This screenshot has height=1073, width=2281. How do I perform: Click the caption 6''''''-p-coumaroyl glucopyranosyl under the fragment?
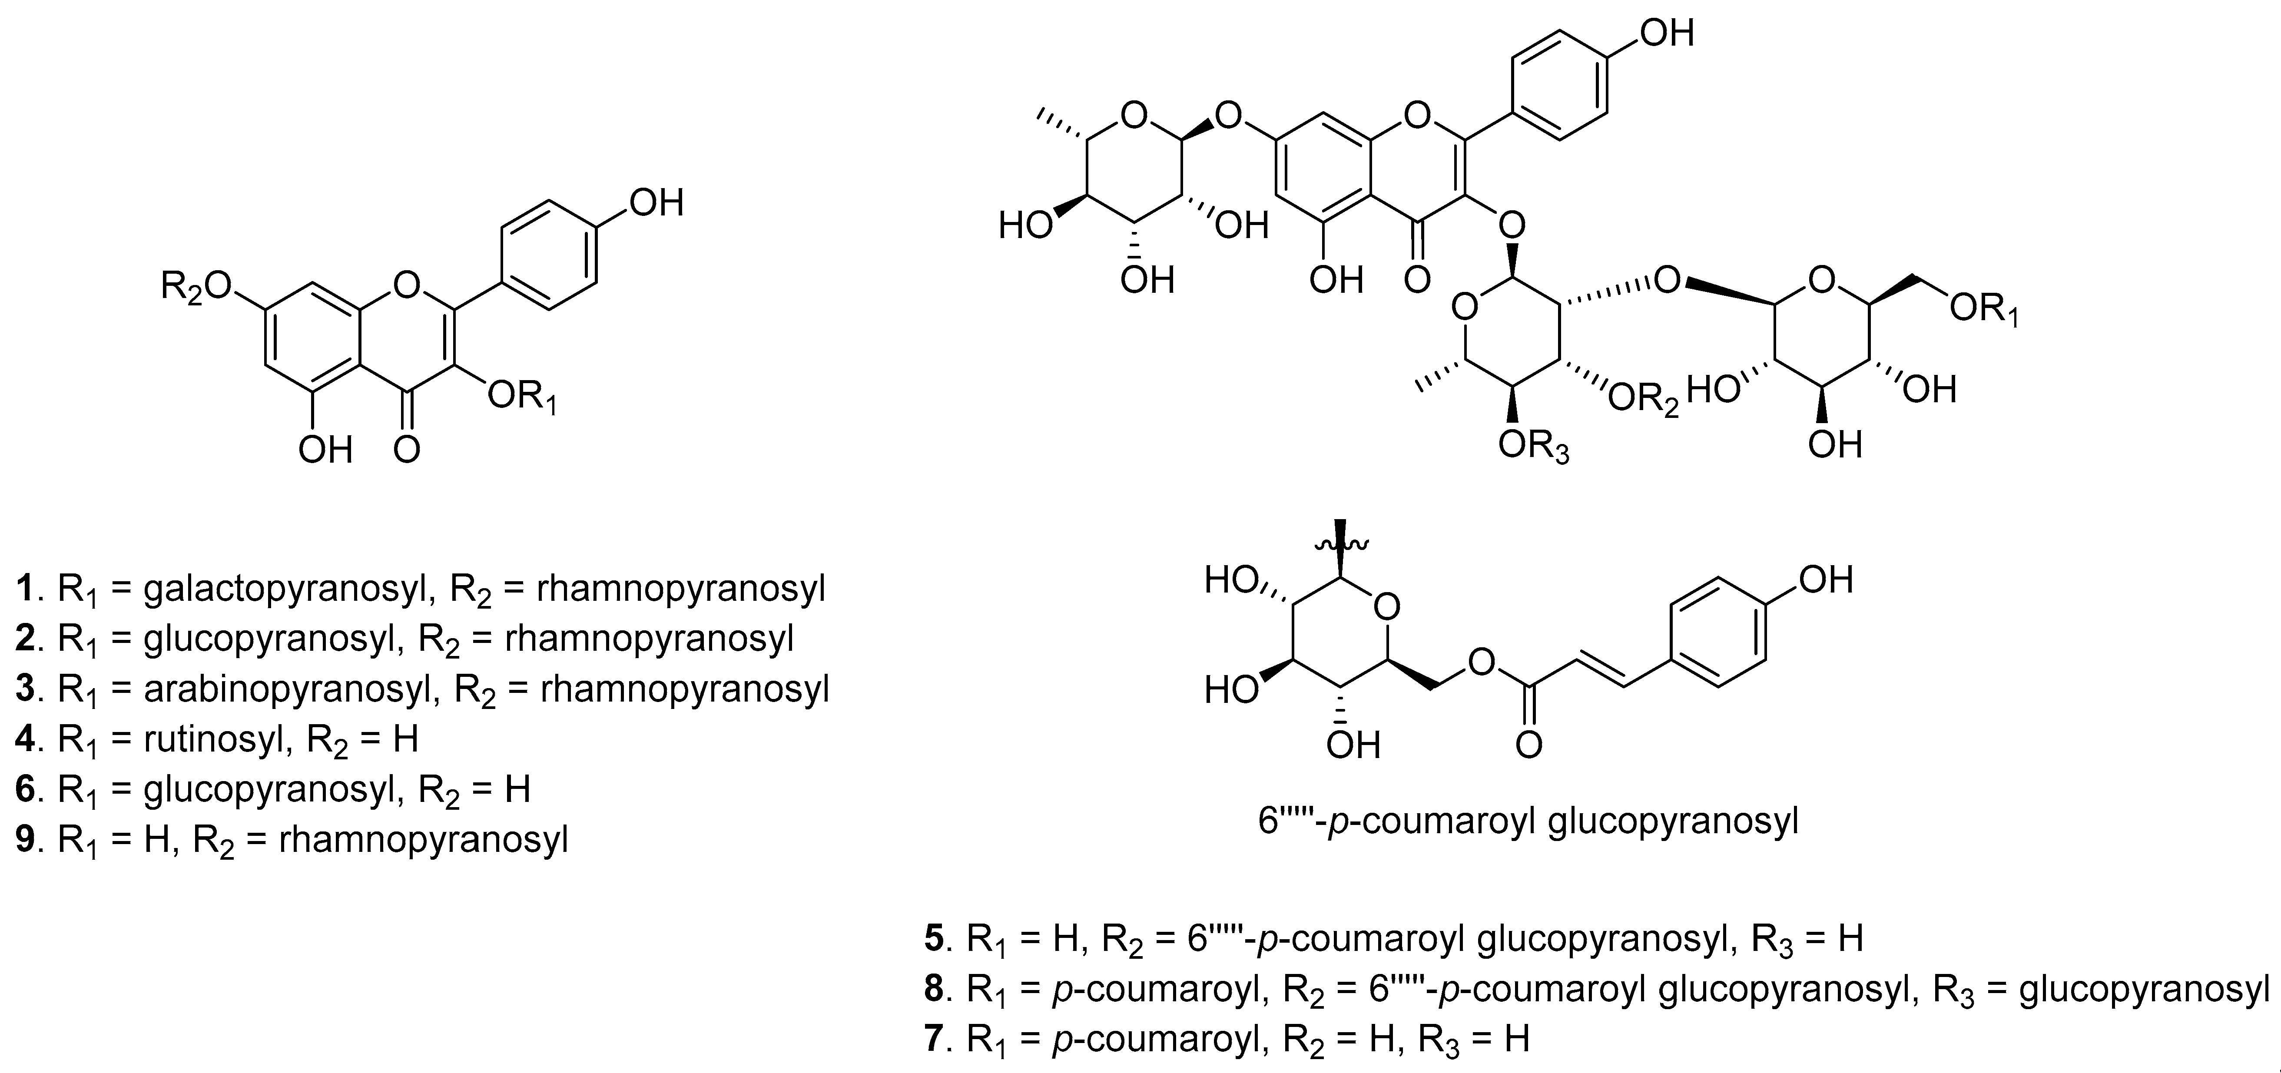pos(1528,821)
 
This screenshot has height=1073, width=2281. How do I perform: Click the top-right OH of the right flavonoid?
pos(1667,33)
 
